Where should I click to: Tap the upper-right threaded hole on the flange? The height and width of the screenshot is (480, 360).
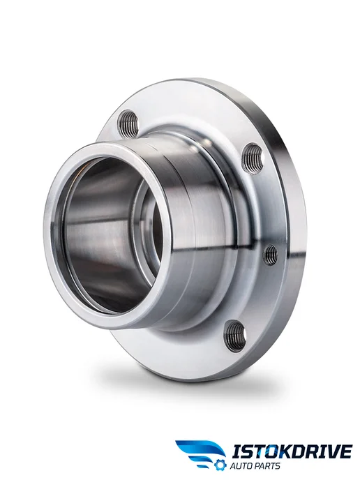[x=253, y=158]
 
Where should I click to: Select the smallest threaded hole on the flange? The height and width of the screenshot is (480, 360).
[x=271, y=255]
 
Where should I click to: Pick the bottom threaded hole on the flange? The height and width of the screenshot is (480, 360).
[x=236, y=336]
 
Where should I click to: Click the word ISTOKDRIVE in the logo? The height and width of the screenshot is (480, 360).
[x=292, y=451]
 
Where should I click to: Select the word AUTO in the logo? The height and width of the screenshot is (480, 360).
[x=241, y=466]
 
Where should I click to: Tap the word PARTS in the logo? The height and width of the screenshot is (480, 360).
[x=267, y=466]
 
